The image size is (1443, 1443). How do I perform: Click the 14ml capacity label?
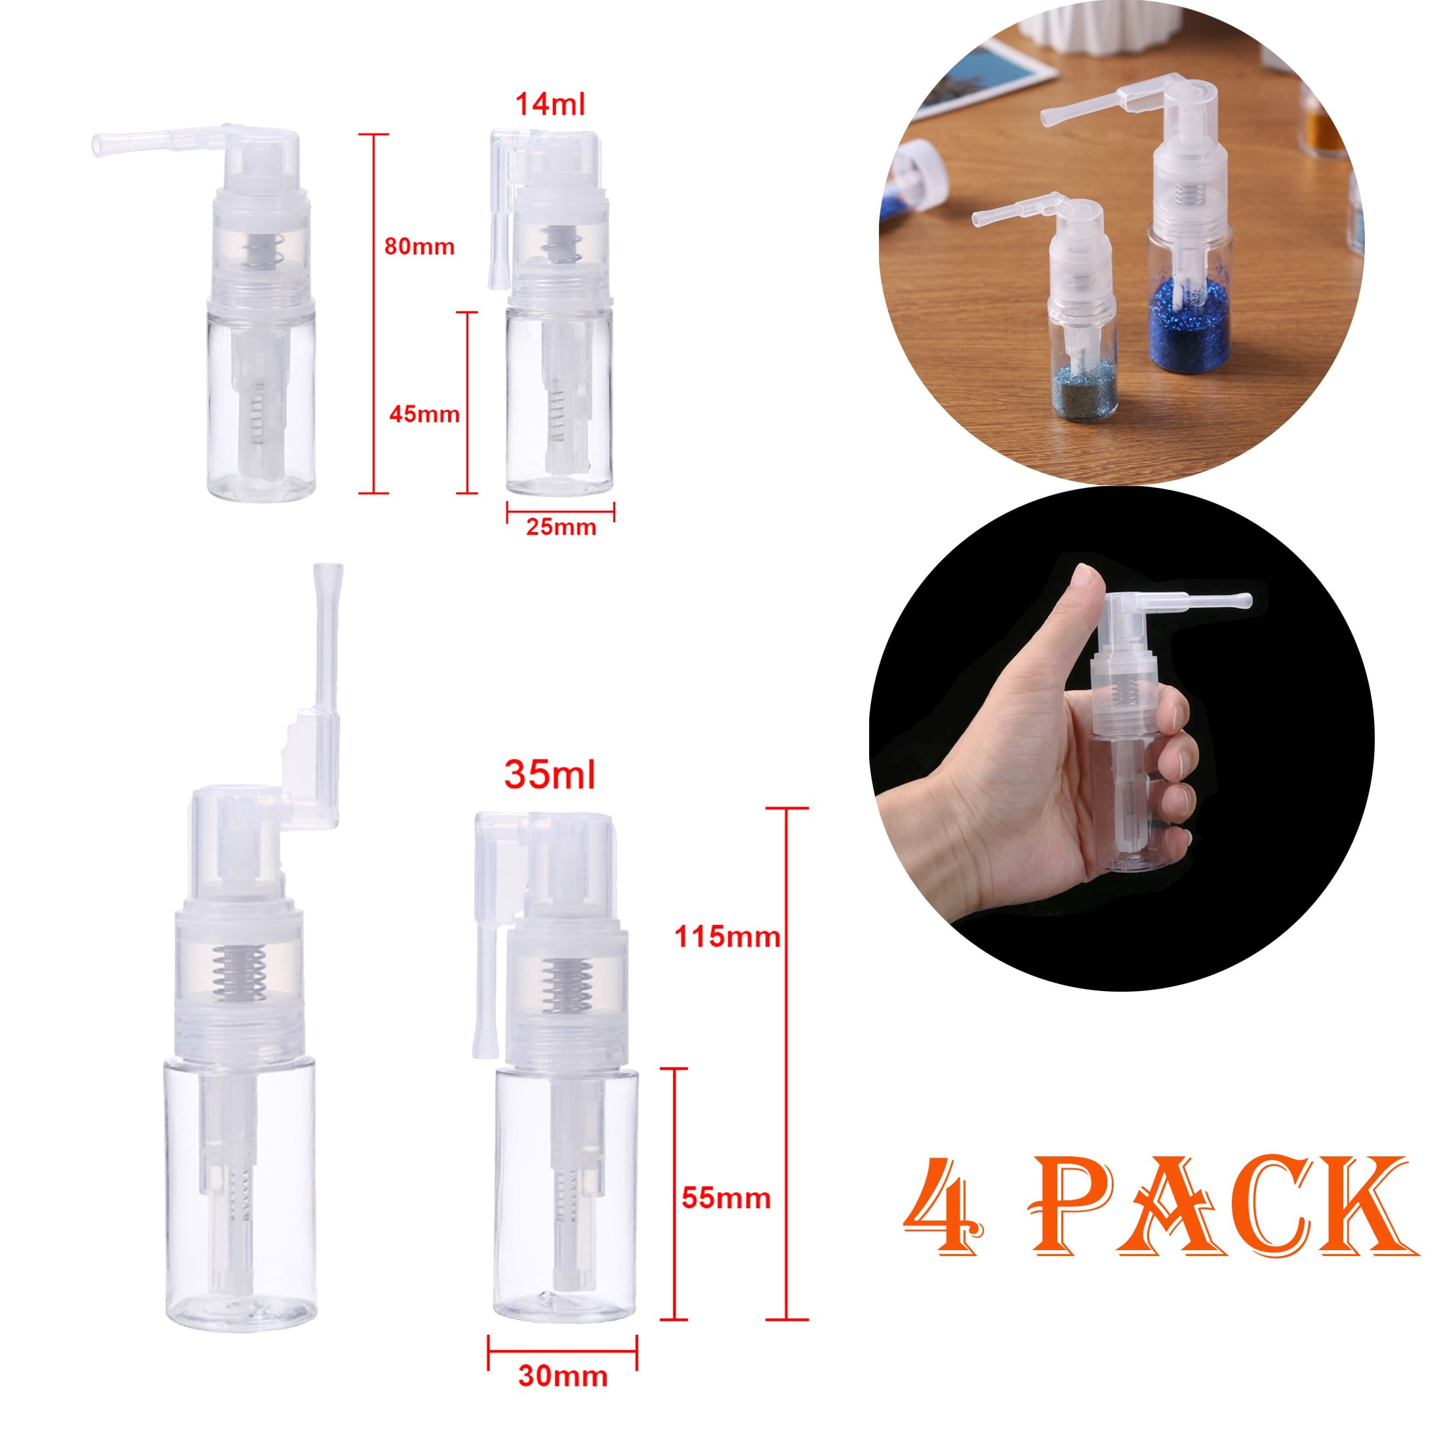pyautogui.click(x=550, y=104)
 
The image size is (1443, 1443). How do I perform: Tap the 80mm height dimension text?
pyautogui.click(x=419, y=247)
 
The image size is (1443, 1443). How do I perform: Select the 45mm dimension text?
pyautogui.click(x=424, y=414)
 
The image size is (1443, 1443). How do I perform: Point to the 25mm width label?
pyautogui.click(x=561, y=527)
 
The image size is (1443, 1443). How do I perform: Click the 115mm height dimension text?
pyautogui.click(x=727, y=936)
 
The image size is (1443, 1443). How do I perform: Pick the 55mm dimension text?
pyautogui.click(x=726, y=1199)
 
